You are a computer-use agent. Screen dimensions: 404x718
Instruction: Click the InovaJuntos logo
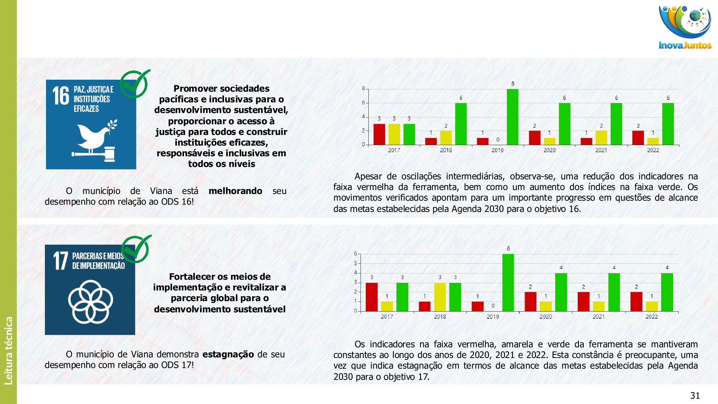click(x=685, y=28)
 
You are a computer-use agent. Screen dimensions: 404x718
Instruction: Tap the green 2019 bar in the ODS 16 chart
click(x=512, y=117)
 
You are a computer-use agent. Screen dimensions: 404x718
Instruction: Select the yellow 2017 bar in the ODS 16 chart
click(x=394, y=134)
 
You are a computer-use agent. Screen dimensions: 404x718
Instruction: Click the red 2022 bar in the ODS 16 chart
click(x=638, y=138)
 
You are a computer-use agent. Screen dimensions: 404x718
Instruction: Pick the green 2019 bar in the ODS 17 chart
click(x=508, y=282)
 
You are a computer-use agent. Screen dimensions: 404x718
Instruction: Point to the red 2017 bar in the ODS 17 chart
click(x=371, y=297)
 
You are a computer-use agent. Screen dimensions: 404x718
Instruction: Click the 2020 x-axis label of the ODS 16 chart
click(x=549, y=150)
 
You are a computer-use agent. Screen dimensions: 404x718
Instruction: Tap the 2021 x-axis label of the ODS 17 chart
click(x=598, y=317)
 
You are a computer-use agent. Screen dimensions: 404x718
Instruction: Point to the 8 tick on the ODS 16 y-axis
click(x=363, y=89)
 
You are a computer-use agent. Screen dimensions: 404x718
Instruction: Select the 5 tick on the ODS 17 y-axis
click(x=356, y=263)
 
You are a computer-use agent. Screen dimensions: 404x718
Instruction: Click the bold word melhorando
click(x=235, y=191)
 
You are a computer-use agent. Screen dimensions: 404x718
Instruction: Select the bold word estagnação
click(x=228, y=354)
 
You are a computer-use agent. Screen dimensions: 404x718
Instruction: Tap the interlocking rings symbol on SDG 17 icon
click(x=90, y=302)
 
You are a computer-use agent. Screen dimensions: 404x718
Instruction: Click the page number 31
click(x=695, y=396)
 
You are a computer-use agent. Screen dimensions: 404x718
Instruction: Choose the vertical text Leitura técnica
click(x=9, y=351)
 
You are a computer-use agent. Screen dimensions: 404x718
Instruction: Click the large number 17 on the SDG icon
click(x=60, y=261)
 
